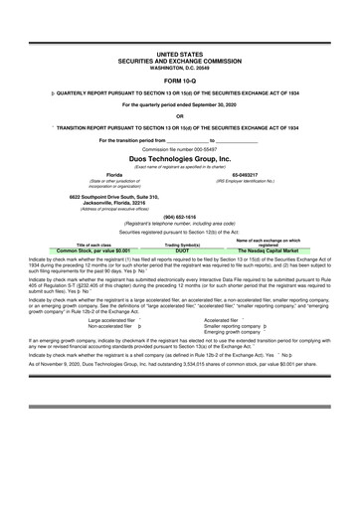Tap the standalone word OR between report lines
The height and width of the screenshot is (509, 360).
coord(180,114)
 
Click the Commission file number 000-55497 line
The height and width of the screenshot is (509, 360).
coord(180,148)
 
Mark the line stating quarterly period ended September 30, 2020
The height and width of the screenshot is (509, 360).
coord(180,103)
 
